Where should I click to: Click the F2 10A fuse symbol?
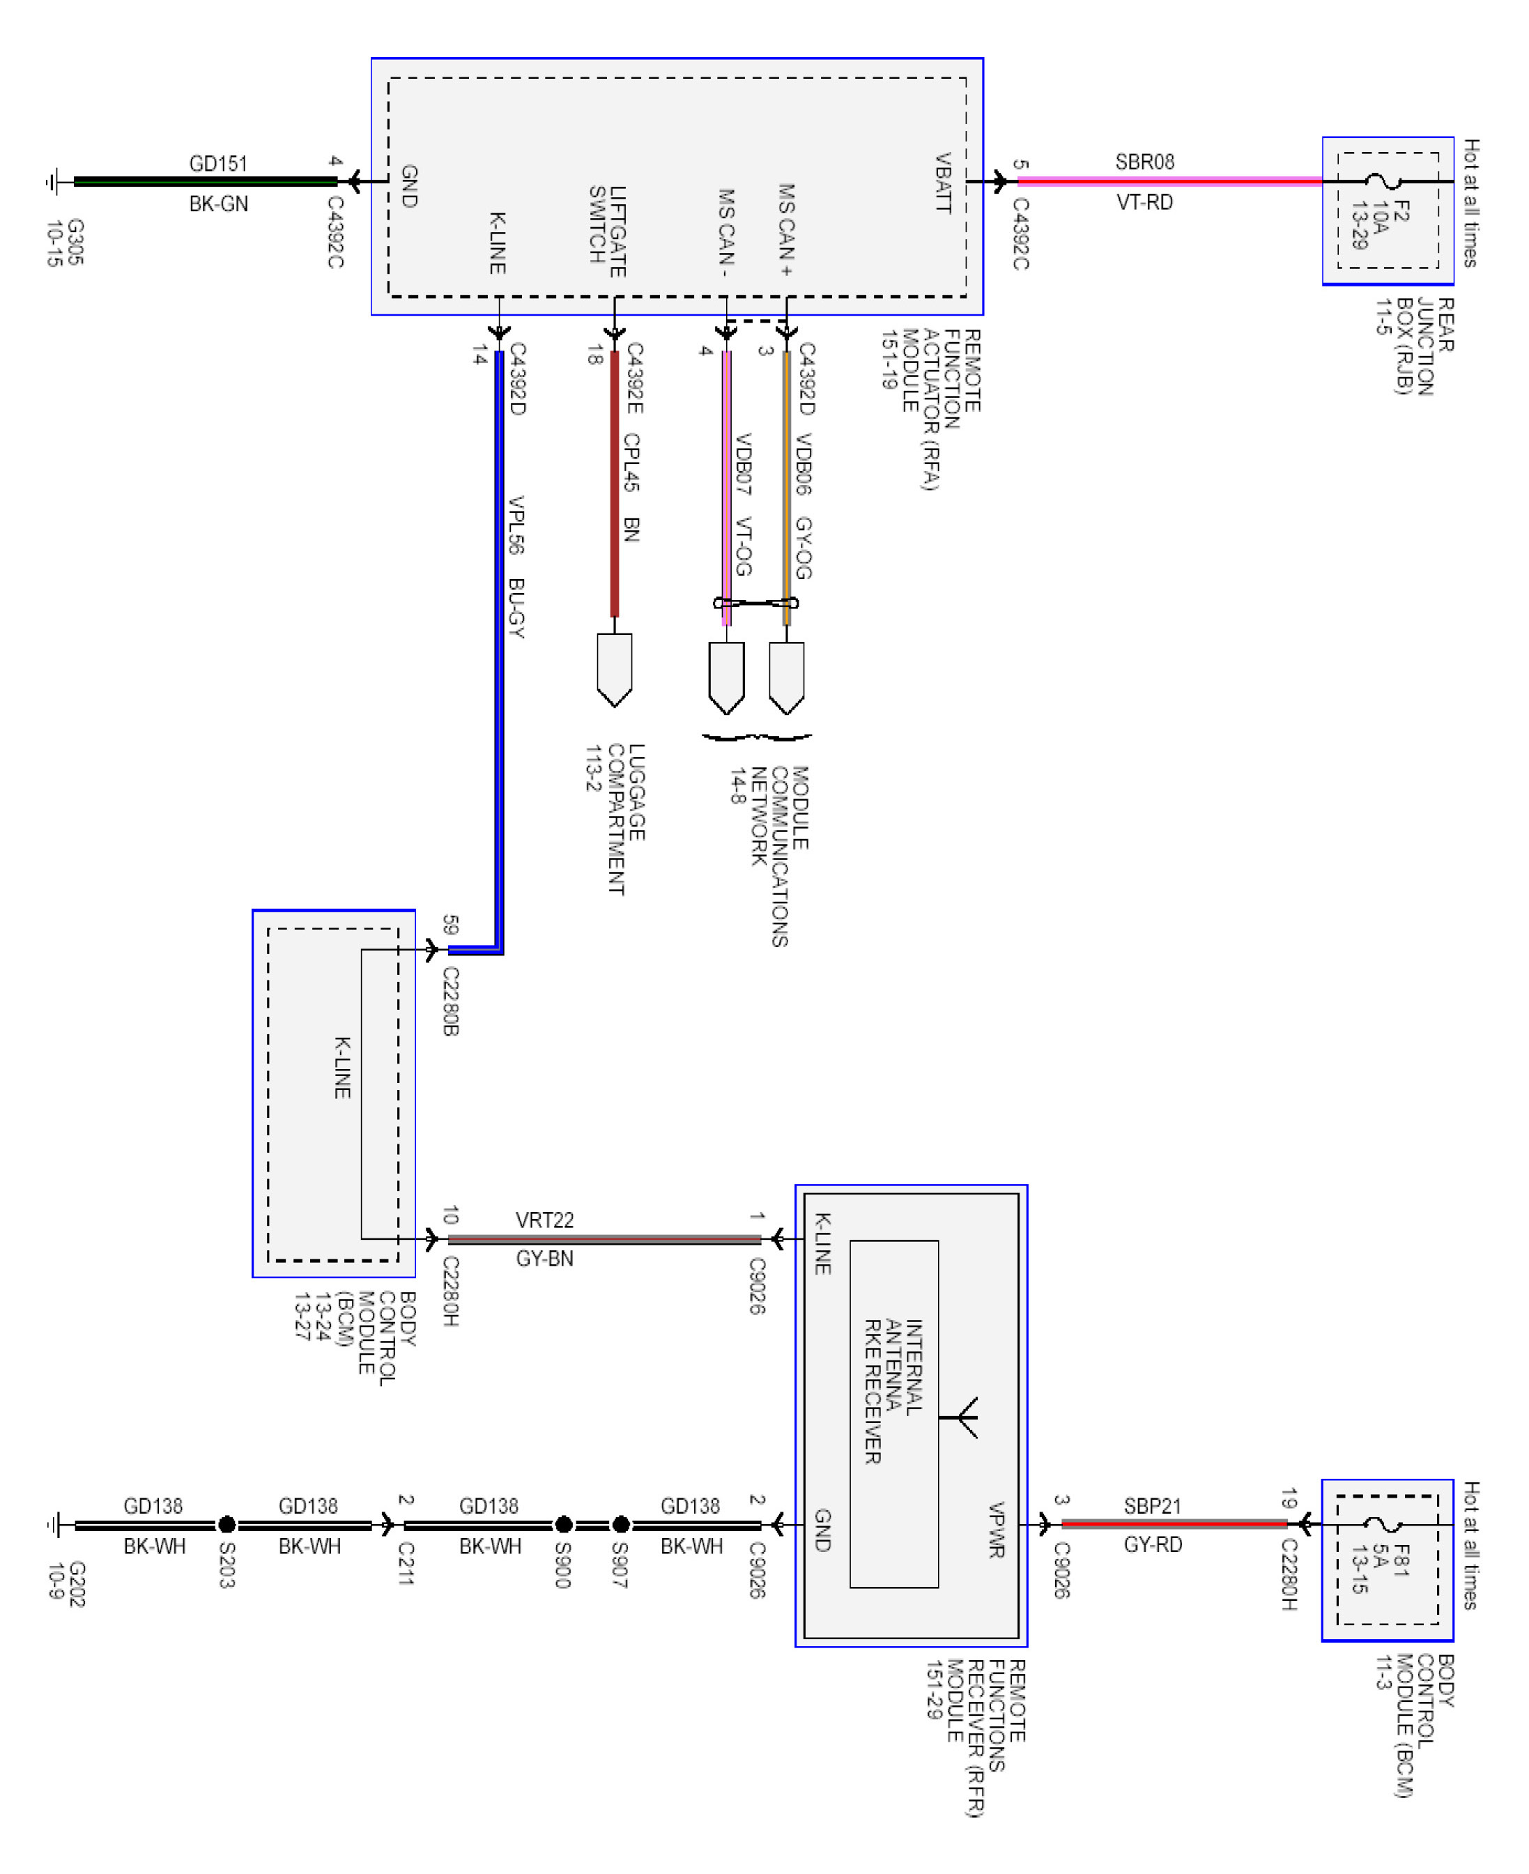pos(1383,181)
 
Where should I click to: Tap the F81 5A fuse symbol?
pos(1383,1523)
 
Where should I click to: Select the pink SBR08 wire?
pos(1169,181)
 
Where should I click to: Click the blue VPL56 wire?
pos(498,652)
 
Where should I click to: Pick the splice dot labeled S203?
pos(226,1524)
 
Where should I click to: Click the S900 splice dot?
pos(564,1524)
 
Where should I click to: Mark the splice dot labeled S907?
pos(621,1524)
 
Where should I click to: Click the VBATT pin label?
pos(942,183)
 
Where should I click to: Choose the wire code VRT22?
pos(544,1220)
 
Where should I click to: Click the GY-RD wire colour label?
pos(1153,1544)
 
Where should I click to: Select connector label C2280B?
pos(450,1001)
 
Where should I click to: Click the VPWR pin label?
pos(996,1530)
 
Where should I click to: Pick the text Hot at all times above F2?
pos(1471,203)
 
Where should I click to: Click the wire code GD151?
pos(218,164)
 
